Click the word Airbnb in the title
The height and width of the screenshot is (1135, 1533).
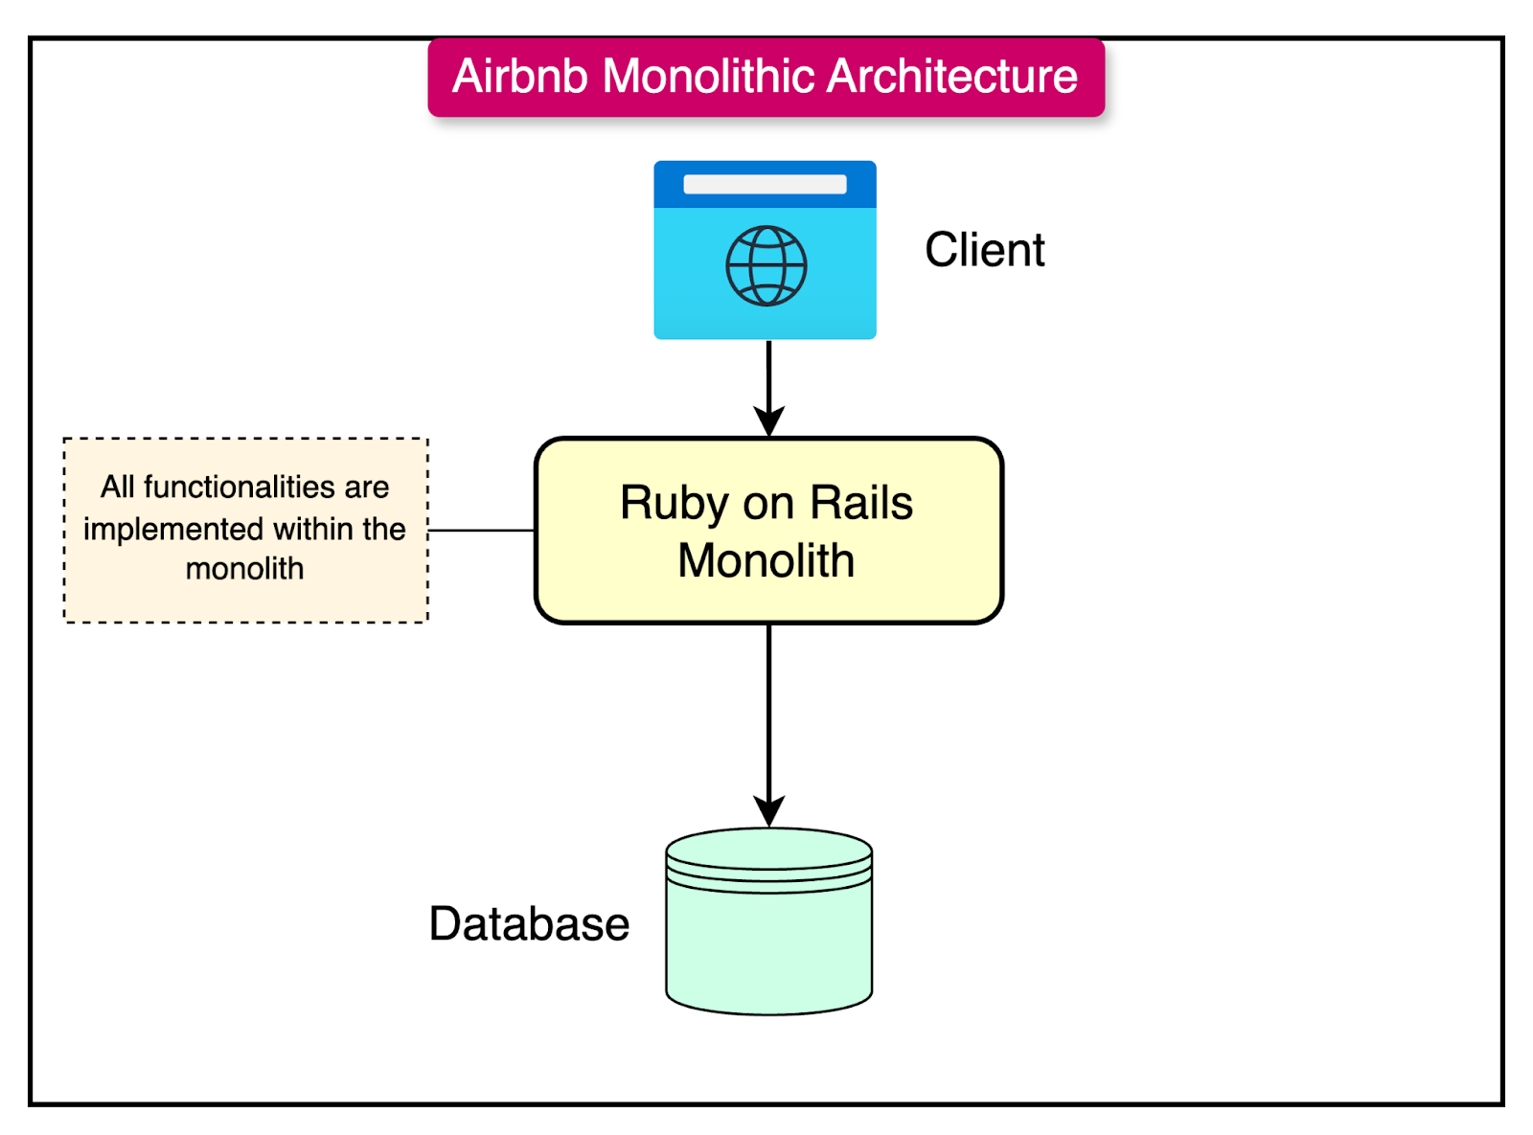pyautogui.click(x=519, y=77)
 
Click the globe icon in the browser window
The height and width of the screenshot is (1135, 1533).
pyautogui.click(x=766, y=266)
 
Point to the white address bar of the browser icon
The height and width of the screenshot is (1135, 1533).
pyautogui.click(x=765, y=184)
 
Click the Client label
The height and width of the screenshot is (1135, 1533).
pyautogui.click(x=984, y=250)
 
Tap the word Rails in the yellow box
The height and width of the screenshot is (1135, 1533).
pyautogui.click(x=861, y=504)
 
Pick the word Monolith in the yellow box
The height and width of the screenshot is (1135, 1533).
pyautogui.click(x=766, y=561)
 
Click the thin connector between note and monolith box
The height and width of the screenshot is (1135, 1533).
pyautogui.click(x=481, y=530)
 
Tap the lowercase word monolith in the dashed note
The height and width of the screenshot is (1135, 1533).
pyautogui.click(x=244, y=569)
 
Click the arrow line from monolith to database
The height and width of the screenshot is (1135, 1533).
pyautogui.click(x=768, y=709)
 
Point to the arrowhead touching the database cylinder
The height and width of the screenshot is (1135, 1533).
pyautogui.click(x=768, y=811)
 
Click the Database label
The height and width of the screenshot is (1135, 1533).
pyautogui.click(x=529, y=924)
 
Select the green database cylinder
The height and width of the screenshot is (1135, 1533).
pyautogui.click(x=768, y=943)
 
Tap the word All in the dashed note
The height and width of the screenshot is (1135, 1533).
pyautogui.click(x=117, y=488)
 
